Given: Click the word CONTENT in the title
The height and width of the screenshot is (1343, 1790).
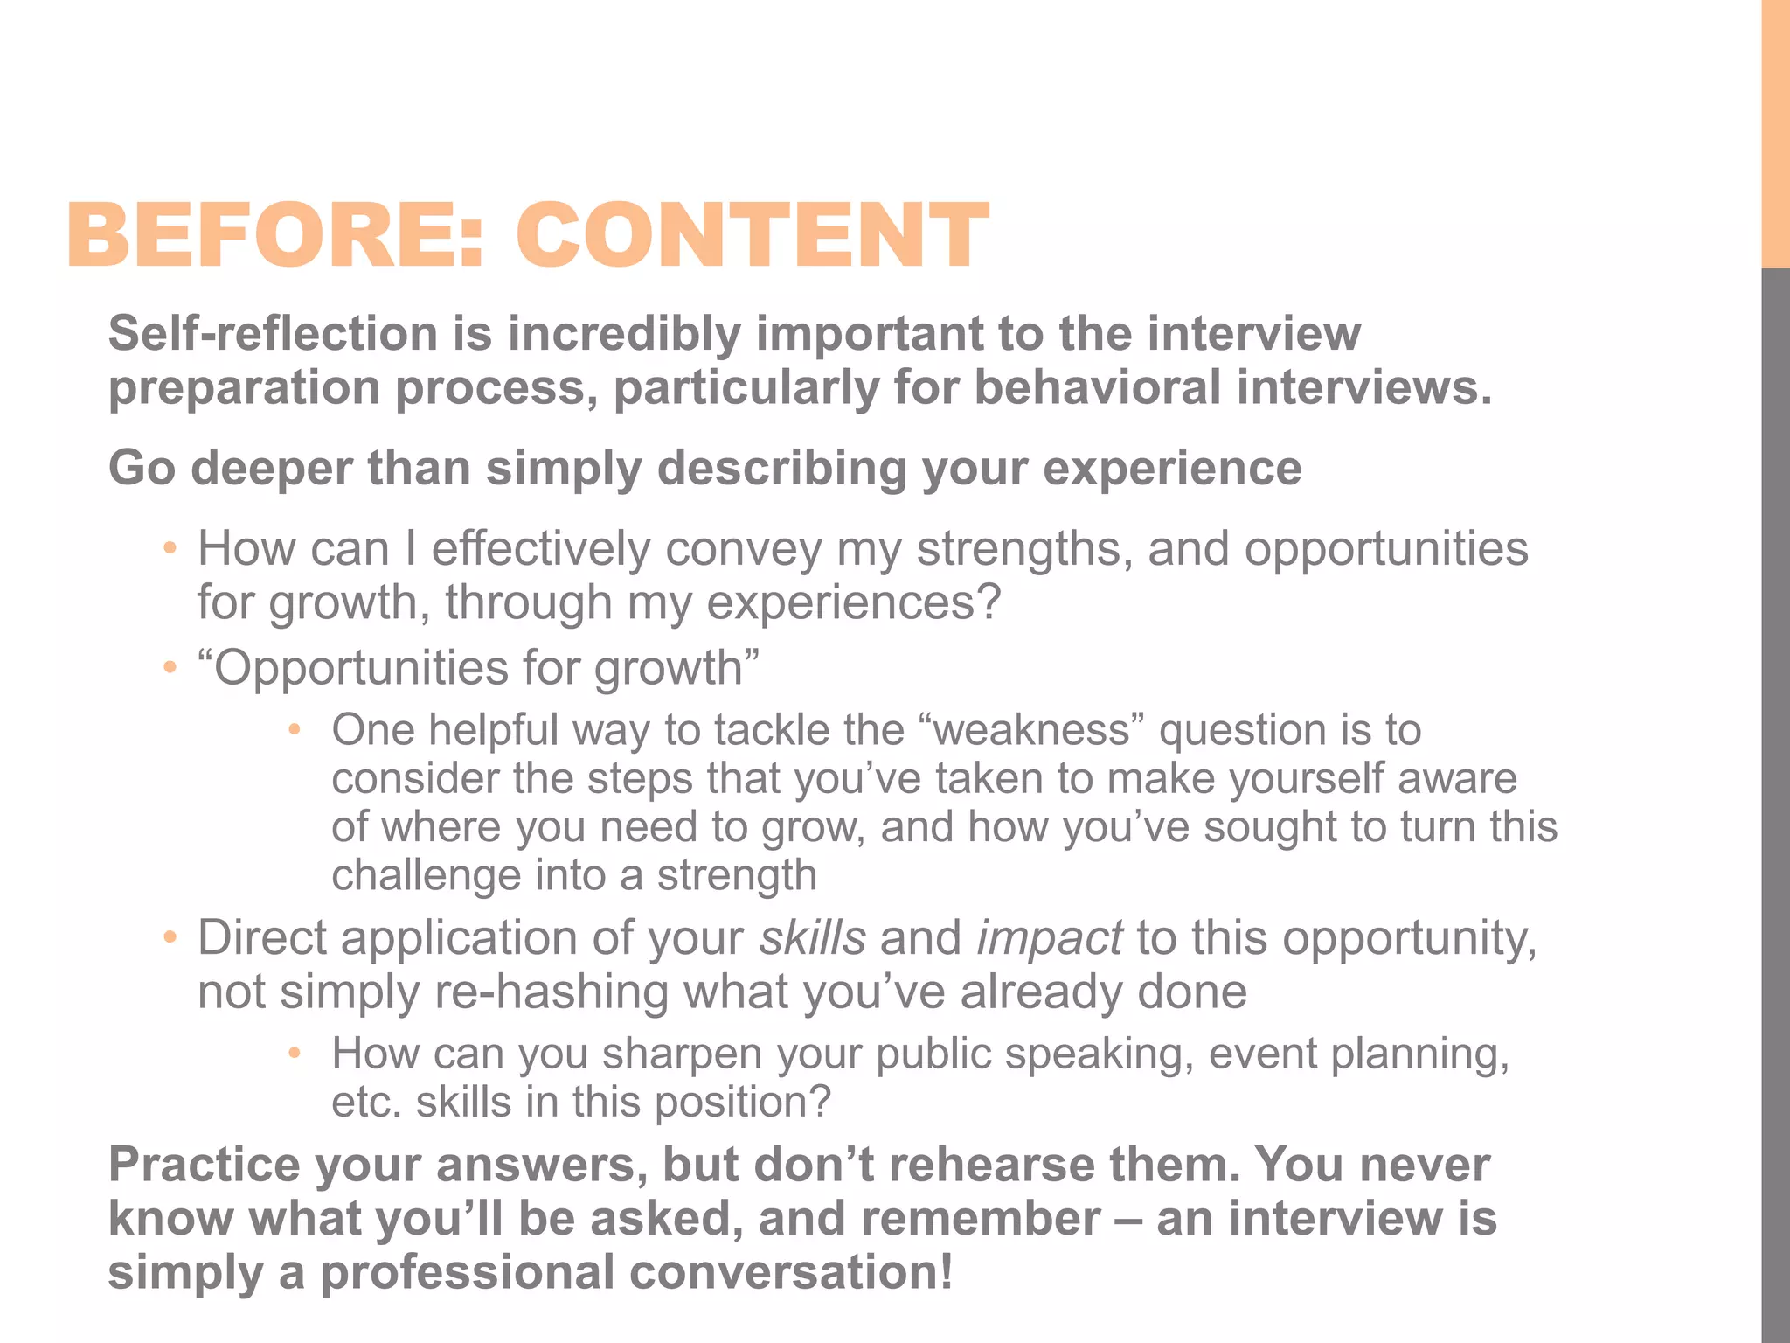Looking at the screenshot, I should [752, 234].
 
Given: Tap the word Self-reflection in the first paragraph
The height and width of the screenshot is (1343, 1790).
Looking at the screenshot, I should [273, 334].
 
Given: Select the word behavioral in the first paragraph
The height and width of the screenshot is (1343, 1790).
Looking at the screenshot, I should [1097, 387].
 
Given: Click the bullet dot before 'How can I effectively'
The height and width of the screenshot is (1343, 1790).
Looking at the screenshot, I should [170, 549].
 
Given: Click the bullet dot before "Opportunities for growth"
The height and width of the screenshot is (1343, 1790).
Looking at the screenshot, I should [170, 668].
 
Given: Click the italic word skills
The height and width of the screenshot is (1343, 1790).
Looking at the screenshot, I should [812, 938].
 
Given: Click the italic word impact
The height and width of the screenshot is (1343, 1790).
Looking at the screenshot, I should [1049, 938].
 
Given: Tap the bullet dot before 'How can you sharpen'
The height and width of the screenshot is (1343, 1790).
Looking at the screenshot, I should [295, 1054].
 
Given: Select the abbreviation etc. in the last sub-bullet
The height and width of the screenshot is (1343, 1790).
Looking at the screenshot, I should [365, 1103].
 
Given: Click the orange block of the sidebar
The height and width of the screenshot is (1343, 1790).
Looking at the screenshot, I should [1775, 131].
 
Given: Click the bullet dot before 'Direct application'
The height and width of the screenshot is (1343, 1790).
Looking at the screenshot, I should [170, 938].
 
